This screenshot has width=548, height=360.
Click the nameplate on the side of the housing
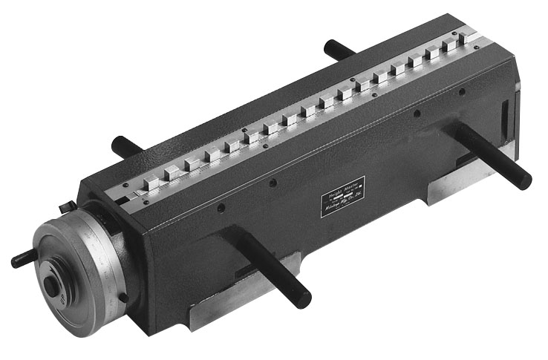(342, 197)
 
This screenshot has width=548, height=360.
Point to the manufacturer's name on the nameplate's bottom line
(342, 207)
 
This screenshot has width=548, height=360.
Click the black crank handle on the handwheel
(23, 259)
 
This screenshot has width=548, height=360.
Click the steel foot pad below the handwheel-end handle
(245, 297)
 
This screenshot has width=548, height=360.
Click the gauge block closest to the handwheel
(152, 183)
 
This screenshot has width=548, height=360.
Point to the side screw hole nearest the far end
(462, 92)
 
